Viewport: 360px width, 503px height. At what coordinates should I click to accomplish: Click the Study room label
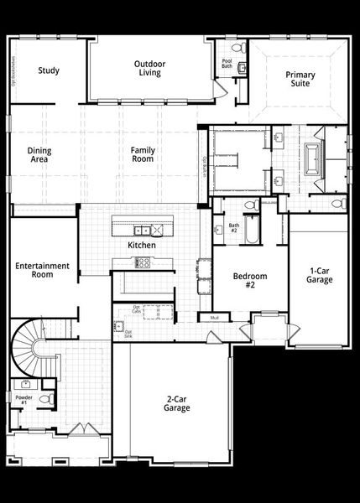(x=48, y=70)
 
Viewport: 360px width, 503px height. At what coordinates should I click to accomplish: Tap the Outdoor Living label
(x=150, y=69)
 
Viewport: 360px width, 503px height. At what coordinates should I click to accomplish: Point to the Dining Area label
(x=40, y=154)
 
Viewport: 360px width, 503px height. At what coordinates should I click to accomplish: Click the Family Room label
(x=143, y=154)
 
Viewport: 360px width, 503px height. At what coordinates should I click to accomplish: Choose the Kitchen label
(x=141, y=246)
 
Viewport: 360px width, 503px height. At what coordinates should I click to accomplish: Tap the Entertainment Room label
(x=41, y=271)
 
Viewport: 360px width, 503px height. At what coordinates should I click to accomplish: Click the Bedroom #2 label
(x=249, y=281)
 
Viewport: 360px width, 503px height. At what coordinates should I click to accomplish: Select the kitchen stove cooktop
(x=143, y=262)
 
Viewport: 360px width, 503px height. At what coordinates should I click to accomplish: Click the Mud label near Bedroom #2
(x=215, y=318)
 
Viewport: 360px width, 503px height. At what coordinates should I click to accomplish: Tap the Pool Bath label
(x=227, y=64)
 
